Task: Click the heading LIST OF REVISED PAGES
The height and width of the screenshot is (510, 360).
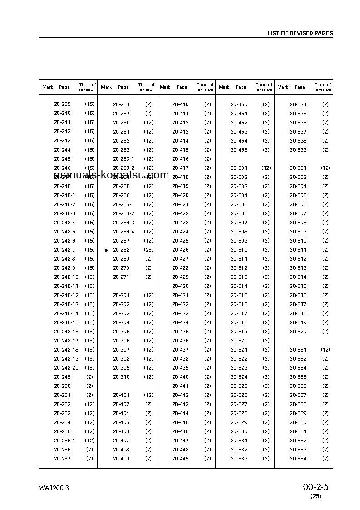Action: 300,33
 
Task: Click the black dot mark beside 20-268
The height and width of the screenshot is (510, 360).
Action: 106,250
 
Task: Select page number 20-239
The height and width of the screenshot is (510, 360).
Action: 62,104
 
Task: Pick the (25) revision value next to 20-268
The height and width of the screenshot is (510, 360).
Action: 148,250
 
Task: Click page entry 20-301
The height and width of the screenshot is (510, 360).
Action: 121,295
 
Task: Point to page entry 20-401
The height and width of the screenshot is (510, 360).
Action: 121,395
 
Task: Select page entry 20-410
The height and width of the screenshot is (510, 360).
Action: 180,104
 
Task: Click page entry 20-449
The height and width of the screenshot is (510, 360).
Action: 180,459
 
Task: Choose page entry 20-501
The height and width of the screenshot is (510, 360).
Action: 239,168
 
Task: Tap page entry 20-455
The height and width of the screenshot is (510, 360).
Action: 239,150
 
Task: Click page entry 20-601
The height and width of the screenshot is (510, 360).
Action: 298,168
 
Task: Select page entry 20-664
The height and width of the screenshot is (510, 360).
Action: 298,459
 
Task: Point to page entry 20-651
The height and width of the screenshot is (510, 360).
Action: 298,350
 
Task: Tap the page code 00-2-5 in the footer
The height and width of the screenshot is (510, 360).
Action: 316,487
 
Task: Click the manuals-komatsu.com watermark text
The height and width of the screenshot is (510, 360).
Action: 111,175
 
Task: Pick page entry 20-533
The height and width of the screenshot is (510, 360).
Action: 239,459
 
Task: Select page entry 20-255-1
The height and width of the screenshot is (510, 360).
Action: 64,441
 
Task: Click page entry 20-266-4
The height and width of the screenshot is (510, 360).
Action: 123,232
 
